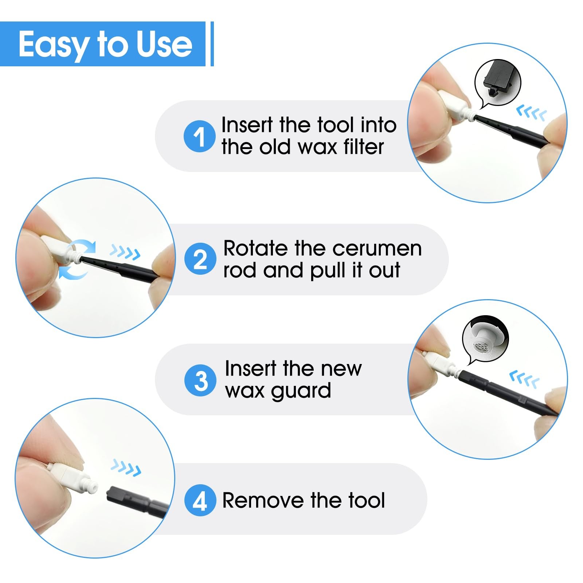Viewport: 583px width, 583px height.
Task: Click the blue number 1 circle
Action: click(200, 137)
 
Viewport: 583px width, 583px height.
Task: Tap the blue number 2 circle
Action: click(200, 259)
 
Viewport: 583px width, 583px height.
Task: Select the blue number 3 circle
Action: click(200, 381)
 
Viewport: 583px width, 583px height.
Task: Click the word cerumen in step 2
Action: click(377, 249)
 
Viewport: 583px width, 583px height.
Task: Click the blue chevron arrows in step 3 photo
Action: click(524, 379)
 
